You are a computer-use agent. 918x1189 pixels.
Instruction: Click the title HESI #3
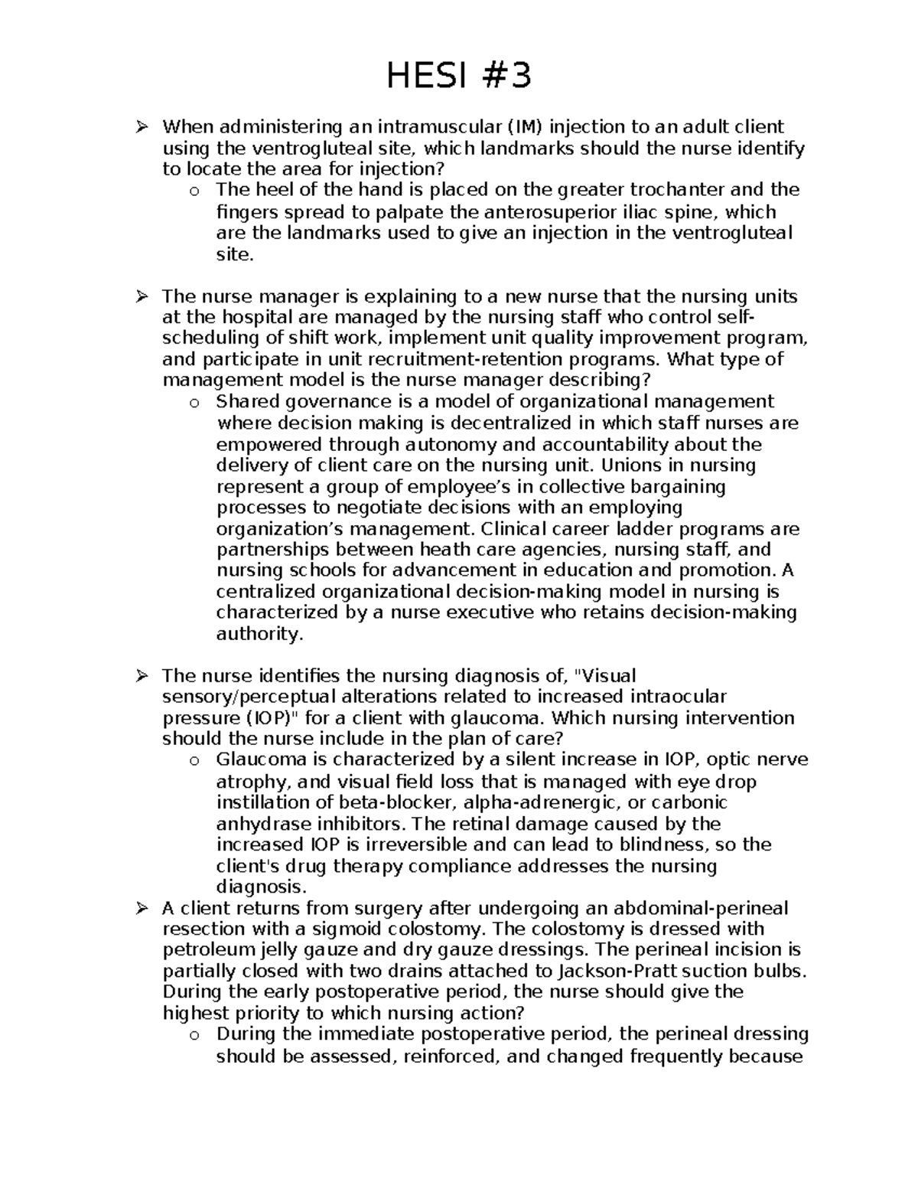click(458, 77)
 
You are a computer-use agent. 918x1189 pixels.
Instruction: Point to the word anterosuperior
click(544, 212)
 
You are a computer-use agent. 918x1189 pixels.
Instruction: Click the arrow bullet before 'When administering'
click(142, 126)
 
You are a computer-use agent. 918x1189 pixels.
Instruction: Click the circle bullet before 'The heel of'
click(194, 191)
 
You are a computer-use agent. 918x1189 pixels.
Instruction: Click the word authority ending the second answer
click(259, 633)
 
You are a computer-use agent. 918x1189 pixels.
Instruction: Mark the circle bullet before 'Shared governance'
click(194, 403)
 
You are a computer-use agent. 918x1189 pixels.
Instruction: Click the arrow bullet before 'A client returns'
click(142, 909)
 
